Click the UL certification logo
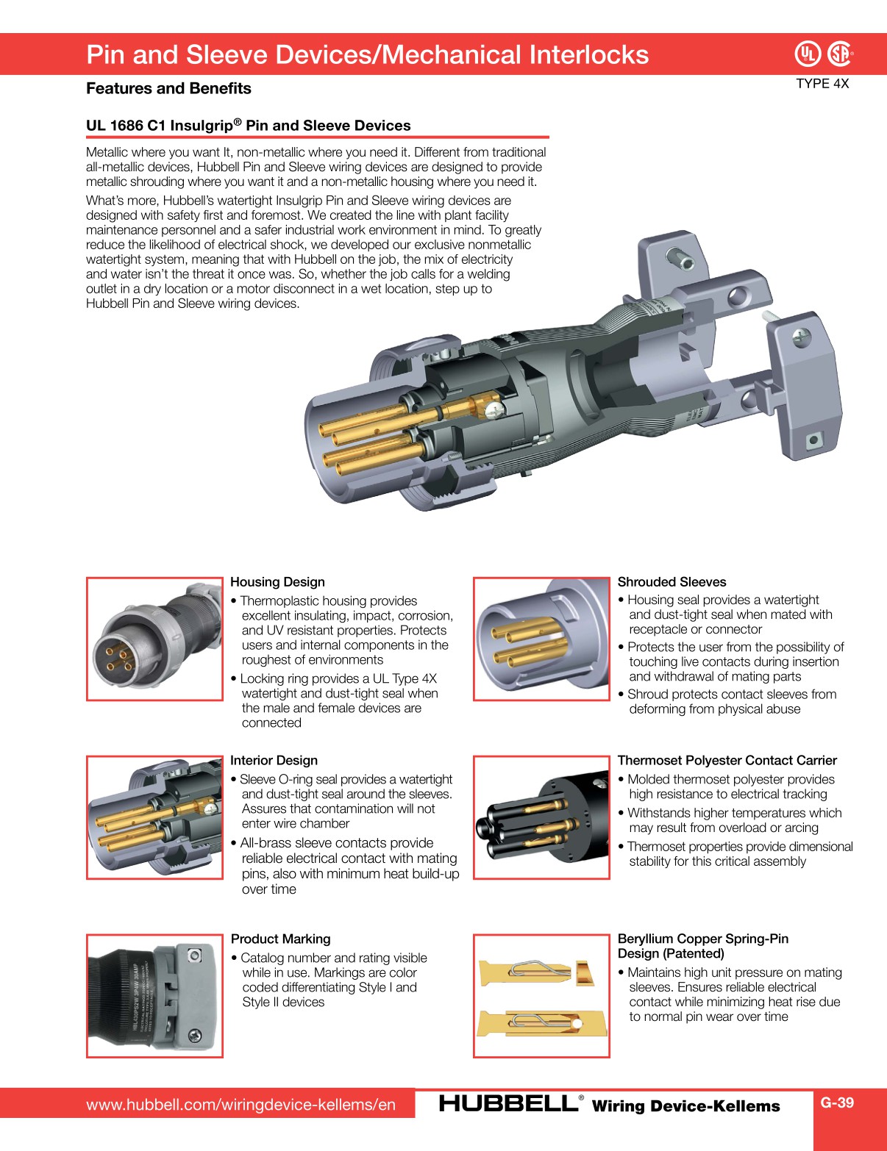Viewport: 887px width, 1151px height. point(808,54)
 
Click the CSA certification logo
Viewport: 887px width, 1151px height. point(840,54)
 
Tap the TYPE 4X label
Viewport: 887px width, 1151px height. point(822,84)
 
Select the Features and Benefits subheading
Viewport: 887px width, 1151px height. point(168,88)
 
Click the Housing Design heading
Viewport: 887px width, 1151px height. point(277,582)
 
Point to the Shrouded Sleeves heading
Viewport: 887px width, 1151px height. point(672,582)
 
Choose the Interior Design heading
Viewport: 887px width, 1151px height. point(274,761)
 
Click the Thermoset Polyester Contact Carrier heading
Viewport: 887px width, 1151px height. point(727,761)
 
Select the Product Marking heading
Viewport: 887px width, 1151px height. point(280,939)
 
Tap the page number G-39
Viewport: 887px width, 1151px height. point(837,1102)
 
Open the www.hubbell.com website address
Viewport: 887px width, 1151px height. point(241,1105)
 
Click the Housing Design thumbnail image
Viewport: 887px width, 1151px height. point(154,639)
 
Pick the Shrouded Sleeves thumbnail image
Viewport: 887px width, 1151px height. point(541,639)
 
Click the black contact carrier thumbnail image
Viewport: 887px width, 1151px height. point(541,817)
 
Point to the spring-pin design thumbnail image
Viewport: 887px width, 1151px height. point(541,996)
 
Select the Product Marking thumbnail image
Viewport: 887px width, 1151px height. point(154,996)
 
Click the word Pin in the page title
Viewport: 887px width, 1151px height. point(106,55)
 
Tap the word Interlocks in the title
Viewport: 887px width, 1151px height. point(589,55)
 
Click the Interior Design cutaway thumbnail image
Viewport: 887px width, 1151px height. point(154,817)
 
